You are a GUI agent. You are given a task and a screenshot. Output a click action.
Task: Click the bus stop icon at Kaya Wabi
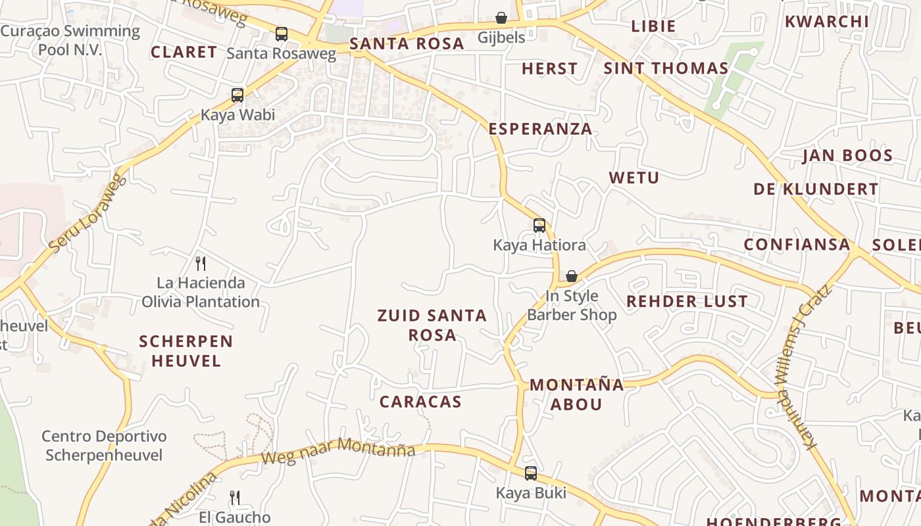coord(237,95)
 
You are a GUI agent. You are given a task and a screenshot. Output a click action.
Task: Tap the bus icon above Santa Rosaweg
coord(282,34)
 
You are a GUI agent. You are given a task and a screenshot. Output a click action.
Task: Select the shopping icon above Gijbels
coord(501,18)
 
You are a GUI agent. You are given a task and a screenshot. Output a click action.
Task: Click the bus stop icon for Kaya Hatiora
coord(539,226)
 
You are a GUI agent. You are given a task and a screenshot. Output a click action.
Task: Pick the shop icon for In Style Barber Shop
coord(572,276)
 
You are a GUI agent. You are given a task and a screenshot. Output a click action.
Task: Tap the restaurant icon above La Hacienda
coord(201,264)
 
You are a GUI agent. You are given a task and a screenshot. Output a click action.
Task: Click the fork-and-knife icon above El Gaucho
coord(235,498)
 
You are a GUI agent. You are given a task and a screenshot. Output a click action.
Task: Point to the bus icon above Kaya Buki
coord(531,473)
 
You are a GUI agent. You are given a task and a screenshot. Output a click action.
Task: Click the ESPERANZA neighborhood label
coord(540,129)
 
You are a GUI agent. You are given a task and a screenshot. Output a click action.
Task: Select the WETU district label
coord(634,178)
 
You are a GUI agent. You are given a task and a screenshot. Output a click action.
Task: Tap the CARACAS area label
coord(420,402)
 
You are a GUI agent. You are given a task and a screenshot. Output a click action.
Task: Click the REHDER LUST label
coord(687,302)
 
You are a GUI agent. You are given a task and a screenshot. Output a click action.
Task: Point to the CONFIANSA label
coord(797,245)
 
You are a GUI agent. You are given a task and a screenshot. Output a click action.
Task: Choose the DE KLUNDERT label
coord(816,189)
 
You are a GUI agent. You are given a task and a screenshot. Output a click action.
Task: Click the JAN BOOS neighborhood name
coord(847,156)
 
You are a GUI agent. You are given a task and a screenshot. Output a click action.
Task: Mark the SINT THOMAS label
coord(666,68)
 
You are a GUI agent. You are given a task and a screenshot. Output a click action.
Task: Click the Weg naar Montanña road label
coord(338,451)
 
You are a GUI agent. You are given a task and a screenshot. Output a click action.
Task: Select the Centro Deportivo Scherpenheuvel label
coord(104,446)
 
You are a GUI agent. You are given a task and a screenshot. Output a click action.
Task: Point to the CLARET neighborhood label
coord(184,53)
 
